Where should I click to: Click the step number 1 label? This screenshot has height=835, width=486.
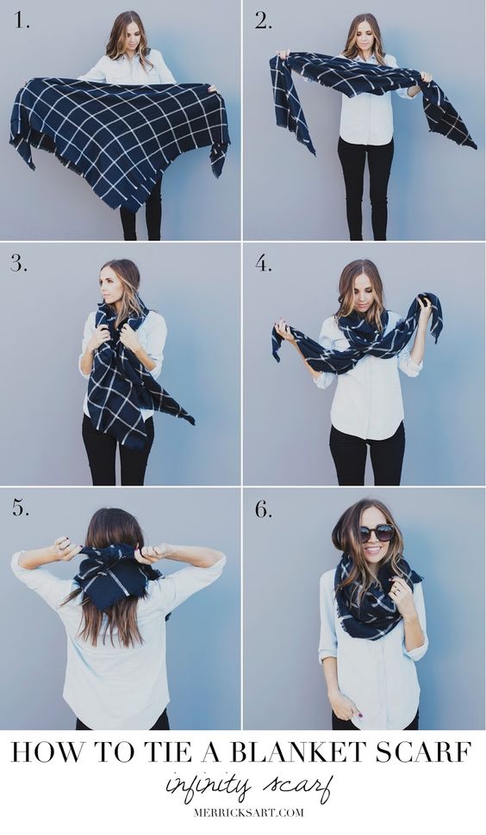(22, 21)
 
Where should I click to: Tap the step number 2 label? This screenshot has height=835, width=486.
(264, 21)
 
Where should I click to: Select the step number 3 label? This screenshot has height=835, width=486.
(19, 263)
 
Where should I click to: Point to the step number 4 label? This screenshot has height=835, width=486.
(264, 263)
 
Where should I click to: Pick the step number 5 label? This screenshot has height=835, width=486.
(21, 508)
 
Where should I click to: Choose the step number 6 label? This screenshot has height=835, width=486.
(264, 509)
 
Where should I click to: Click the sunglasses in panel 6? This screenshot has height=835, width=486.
(377, 533)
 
